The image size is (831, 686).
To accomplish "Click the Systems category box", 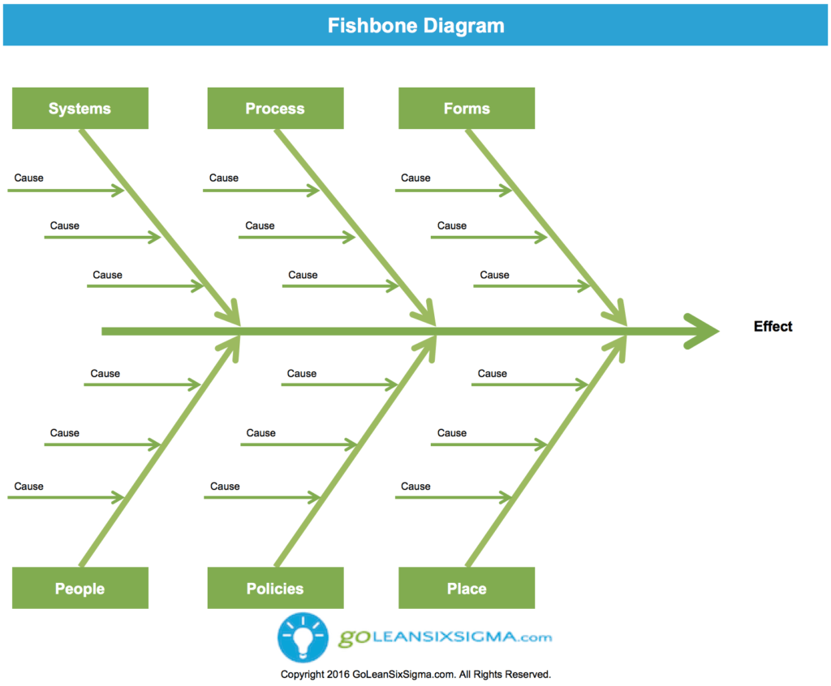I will tap(80, 109).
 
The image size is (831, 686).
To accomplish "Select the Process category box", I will tap(275, 109).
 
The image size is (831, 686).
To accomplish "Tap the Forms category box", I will tap(467, 109).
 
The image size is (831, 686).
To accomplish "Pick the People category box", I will tap(80, 589).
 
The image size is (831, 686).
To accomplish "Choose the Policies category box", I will tap(275, 589).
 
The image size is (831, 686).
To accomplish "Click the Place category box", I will tap(467, 589).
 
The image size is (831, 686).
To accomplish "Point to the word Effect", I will tap(773, 327).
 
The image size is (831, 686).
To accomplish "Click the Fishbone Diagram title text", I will tap(415, 26).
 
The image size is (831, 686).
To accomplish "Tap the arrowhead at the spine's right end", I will tap(703, 331).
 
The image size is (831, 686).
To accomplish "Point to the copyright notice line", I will tap(415, 675).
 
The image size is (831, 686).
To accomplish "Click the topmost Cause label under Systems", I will tap(29, 178).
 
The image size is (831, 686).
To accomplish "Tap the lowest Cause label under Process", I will tap(303, 276).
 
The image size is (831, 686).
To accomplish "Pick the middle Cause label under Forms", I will tap(452, 226).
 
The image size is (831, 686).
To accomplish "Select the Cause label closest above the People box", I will tap(29, 487).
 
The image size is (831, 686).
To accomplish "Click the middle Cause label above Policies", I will tap(260, 433).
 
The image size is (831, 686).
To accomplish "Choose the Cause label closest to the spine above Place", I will tap(492, 374).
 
